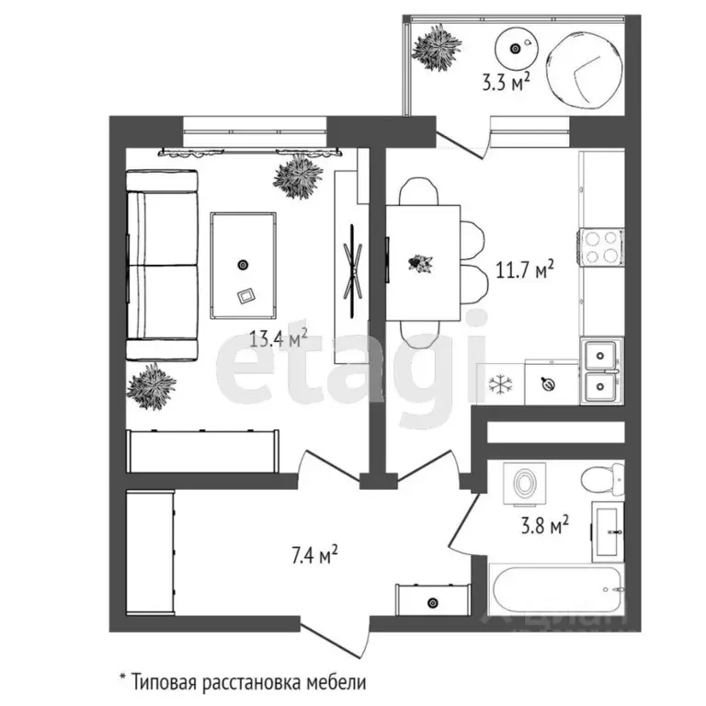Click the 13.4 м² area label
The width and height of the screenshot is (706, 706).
278,338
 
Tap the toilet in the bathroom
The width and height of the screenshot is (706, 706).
603,479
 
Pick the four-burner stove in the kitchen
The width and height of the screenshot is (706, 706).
600,245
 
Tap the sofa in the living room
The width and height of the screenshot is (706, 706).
162,265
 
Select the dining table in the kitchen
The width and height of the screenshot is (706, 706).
422,263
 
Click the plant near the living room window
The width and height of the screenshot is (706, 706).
299,176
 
